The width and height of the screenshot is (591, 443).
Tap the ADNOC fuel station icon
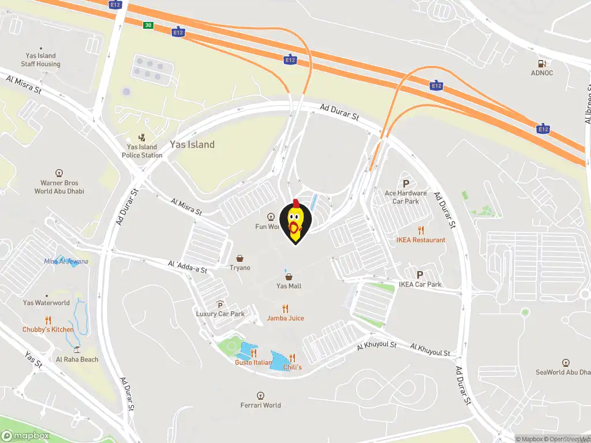[541, 63]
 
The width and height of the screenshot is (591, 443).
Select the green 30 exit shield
[148, 25]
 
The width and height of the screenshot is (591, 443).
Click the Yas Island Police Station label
[142, 151]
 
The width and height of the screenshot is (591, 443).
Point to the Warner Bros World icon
[59, 172]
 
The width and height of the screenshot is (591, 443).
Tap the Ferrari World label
[261, 405]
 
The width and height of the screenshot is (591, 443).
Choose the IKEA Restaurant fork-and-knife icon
[421, 231]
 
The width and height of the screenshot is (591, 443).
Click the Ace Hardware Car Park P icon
[406, 183]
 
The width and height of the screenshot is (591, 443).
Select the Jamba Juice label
[285, 318]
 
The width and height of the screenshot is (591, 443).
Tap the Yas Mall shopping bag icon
[289, 277]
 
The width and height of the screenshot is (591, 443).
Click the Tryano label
[240, 268]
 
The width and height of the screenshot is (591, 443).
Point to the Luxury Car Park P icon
[220, 305]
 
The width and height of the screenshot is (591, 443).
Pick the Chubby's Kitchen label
[48, 329]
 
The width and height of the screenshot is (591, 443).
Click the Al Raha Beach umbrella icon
[77, 350]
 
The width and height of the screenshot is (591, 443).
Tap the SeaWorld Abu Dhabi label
[563, 372]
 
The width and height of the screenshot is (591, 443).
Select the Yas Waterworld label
[46, 303]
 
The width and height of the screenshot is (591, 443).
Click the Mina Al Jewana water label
[66, 261]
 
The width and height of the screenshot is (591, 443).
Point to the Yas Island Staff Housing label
[40, 60]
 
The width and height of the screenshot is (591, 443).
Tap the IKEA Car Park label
[420, 284]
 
